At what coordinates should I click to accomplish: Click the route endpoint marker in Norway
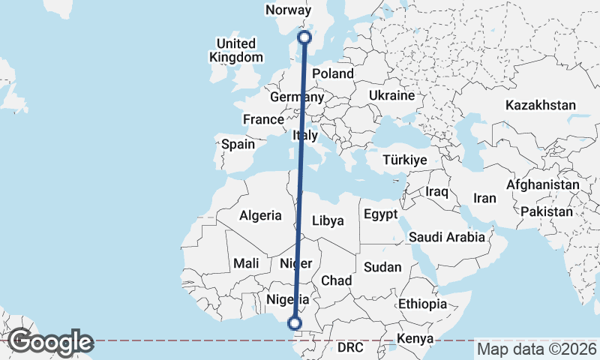pos(304,37)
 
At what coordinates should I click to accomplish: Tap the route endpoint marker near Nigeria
pos(295,323)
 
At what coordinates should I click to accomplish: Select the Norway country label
pos(288,10)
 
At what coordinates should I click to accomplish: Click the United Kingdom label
pos(236,50)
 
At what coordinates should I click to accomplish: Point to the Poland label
pos(332,73)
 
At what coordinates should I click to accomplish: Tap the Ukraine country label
pos(391,96)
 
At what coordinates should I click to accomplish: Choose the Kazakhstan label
pos(540,105)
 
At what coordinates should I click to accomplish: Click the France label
pos(263,119)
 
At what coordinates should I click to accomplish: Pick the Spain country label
pos(238,144)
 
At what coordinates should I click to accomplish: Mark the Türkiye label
pos(404,160)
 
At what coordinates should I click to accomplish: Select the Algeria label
pos(260,215)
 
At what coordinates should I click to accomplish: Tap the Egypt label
pos(380,214)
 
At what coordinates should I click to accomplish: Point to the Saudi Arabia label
pos(447,237)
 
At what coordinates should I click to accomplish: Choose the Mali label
pos(246,263)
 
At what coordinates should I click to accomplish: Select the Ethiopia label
pos(422,304)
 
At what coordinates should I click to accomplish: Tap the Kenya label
pos(415,337)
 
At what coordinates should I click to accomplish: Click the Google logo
pos(50,342)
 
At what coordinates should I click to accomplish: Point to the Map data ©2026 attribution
pos(536,349)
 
